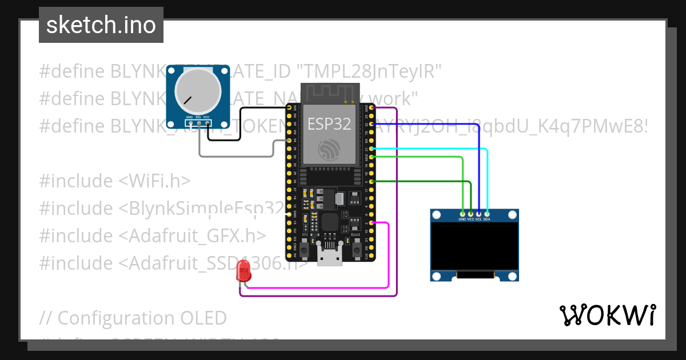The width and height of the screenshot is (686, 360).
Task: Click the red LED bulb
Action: click(x=244, y=271)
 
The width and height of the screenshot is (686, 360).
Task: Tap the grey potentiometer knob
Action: click(x=198, y=91)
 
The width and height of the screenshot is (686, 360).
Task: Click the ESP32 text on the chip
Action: click(x=329, y=124)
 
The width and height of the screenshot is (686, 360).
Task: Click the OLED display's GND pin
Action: click(x=462, y=214)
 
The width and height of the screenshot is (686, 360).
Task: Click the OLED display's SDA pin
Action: click(x=486, y=214)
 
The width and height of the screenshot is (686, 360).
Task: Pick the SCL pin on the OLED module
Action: click(x=478, y=214)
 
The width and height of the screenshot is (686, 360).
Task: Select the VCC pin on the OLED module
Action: click(x=470, y=214)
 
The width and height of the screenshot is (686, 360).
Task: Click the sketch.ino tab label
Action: click(x=101, y=25)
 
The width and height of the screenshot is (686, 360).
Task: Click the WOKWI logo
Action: click(x=607, y=315)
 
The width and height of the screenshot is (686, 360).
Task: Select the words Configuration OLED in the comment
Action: click(x=142, y=318)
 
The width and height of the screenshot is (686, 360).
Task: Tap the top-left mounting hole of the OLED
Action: click(x=437, y=215)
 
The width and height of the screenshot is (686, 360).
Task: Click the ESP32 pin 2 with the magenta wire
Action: click(x=372, y=223)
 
